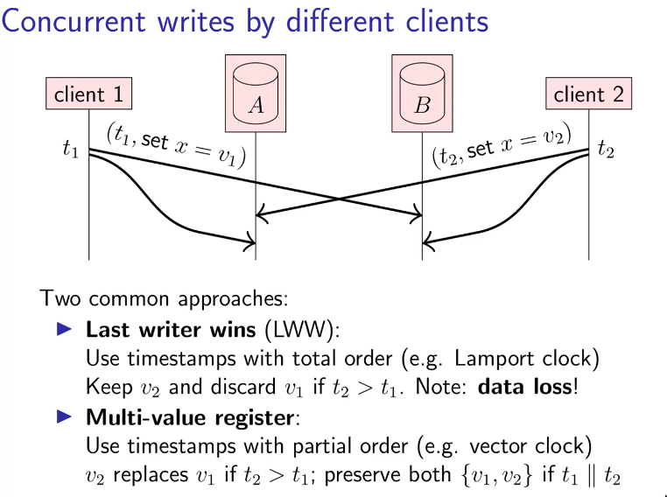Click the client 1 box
(x=89, y=94)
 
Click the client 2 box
(x=589, y=94)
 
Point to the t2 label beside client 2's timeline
(x=607, y=150)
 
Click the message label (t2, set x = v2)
(x=502, y=143)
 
